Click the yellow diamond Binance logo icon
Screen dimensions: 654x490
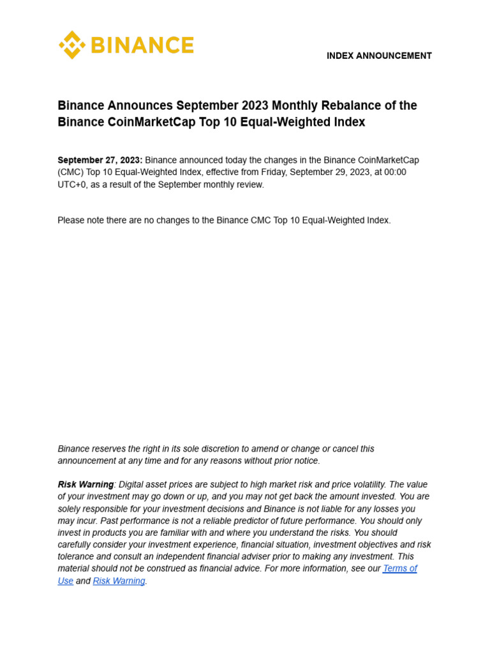tap(71, 45)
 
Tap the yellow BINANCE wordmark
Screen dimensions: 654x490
tap(142, 45)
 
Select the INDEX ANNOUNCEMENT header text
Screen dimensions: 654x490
tap(379, 56)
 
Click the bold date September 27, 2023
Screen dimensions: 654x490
tap(100, 160)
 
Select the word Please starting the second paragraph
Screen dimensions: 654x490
tap(73, 220)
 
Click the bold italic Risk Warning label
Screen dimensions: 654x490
tap(85, 485)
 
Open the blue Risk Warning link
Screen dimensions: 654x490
tap(119, 581)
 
